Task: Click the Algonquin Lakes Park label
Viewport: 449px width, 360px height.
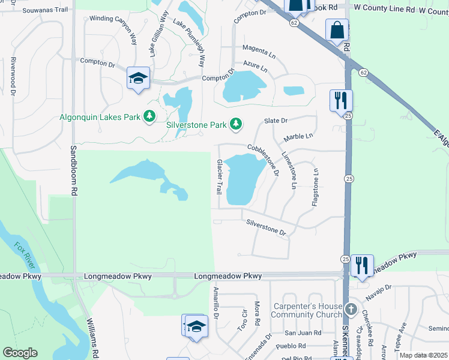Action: click(x=99, y=117)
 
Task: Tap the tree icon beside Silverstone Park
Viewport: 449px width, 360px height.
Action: click(x=237, y=124)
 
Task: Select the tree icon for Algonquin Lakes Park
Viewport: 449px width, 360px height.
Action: click(x=149, y=116)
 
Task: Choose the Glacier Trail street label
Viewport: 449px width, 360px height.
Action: click(x=220, y=176)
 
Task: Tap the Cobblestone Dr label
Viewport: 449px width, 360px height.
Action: click(x=264, y=160)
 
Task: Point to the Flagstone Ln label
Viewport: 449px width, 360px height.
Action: click(x=315, y=187)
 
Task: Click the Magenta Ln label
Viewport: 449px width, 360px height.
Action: click(x=259, y=52)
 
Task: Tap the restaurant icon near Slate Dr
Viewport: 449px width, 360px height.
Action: click(x=340, y=100)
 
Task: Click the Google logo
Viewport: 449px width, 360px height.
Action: click(x=20, y=353)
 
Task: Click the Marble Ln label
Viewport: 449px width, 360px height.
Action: click(x=298, y=137)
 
